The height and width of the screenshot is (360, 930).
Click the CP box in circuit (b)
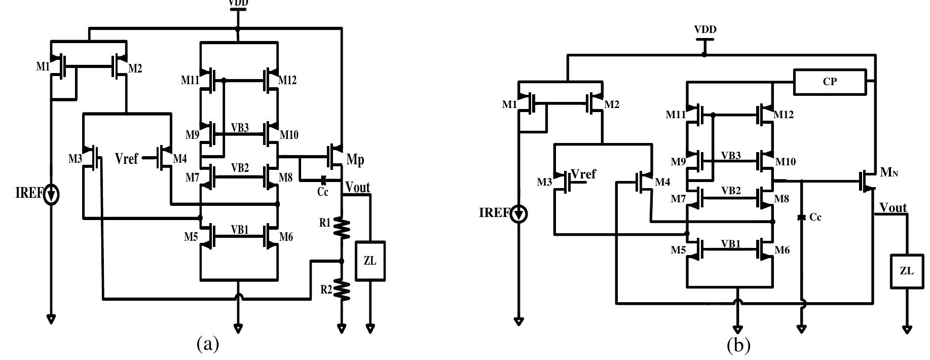(830, 82)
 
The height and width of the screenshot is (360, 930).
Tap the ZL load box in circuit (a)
(370, 261)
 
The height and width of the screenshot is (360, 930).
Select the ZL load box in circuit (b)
(906, 271)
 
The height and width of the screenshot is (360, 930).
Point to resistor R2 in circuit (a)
(342, 290)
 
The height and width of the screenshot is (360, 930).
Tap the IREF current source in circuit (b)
(519, 213)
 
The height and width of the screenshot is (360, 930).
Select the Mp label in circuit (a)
(355, 159)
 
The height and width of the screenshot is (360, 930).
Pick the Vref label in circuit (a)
(126, 159)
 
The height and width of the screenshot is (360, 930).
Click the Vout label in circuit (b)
(893, 207)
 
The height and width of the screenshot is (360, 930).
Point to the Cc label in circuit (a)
(322, 192)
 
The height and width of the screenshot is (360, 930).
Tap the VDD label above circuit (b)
(705, 29)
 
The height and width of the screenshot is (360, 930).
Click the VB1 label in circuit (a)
(240, 229)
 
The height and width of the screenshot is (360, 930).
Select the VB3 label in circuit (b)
(731, 156)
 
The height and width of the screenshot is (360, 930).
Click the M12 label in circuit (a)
(288, 80)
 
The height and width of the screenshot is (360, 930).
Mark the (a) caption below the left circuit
(208, 344)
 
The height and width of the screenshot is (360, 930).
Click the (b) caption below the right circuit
(738, 346)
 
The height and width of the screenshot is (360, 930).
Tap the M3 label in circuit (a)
(75, 159)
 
